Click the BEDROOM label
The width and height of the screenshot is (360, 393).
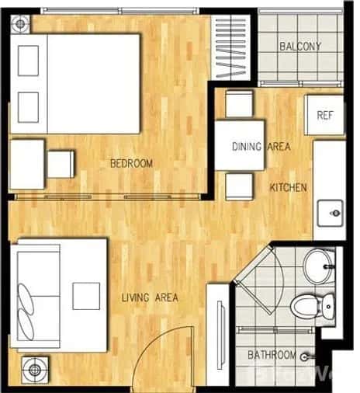(130, 163)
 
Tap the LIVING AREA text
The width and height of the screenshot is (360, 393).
(150, 297)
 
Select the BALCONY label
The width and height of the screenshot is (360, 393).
(299, 47)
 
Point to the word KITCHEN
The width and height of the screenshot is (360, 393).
(289, 188)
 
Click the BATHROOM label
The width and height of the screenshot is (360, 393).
(271, 356)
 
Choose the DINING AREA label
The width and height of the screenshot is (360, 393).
(261, 147)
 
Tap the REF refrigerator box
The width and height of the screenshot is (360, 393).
(324, 115)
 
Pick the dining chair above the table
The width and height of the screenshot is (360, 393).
(239, 103)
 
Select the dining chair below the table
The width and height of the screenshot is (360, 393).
(239, 186)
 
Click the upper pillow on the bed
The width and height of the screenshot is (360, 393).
(29, 60)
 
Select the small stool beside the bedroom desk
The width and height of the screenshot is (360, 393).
(61, 164)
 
